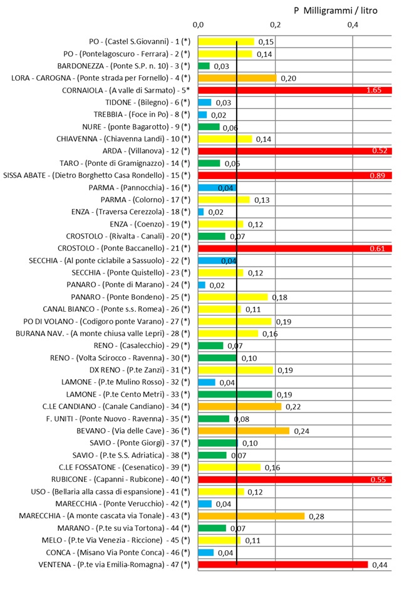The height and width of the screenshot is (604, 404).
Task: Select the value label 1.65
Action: click(x=378, y=91)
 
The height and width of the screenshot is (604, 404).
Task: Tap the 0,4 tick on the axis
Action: click(x=353, y=25)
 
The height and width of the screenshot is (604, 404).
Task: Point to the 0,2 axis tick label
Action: click(x=275, y=25)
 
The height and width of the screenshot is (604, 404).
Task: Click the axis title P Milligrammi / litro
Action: click(x=336, y=11)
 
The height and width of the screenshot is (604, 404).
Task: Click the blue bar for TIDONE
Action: click(x=205, y=103)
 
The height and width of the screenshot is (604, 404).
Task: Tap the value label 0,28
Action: click(x=315, y=516)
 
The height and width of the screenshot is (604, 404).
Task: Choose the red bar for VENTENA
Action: click(x=283, y=565)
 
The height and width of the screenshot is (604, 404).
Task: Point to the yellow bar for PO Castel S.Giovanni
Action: click(x=226, y=41)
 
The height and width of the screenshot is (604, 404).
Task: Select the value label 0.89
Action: click(x=379, y=176)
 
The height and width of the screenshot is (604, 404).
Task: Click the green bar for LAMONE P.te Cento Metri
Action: click(x=236, y=394)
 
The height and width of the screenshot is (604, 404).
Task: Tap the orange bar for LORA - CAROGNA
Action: click(x=237, y=78)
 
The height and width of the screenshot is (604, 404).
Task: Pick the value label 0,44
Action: click(x=380, y=565)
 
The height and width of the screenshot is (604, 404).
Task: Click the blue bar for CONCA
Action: click(x=206, y=553)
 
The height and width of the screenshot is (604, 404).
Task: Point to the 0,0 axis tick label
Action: click(x=199, y=25)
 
